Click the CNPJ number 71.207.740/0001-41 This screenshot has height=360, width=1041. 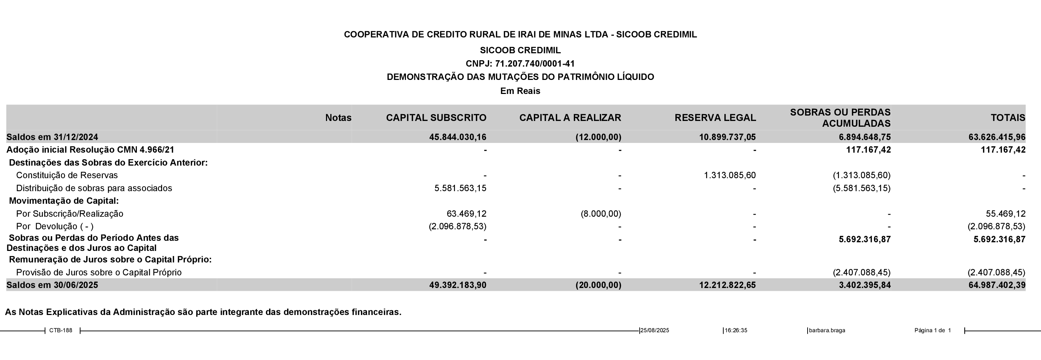(534, 63)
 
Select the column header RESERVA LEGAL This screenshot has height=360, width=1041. (715, 118)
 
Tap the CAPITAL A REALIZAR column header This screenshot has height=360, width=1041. (570, 118)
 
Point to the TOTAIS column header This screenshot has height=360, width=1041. (1008, 118)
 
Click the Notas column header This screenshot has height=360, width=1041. (338, 118)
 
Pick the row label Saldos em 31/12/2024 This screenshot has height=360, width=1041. (52, 137)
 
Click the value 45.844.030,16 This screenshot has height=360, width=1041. (457, 137)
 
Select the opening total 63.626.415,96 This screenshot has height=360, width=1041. (997, 137)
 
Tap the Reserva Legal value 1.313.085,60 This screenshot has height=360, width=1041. (729, 175)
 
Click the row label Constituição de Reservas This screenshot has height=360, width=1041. (67, 175)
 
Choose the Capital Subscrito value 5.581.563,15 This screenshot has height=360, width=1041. (460, 188)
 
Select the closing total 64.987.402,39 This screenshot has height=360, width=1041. (997, 285)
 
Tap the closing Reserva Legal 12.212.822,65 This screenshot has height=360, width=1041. (727, 285)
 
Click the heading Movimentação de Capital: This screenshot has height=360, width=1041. (64, 201)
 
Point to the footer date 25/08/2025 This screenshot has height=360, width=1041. (654, 330)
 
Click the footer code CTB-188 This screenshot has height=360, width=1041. (61, 330)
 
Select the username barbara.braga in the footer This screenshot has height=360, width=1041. (827, 330)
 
